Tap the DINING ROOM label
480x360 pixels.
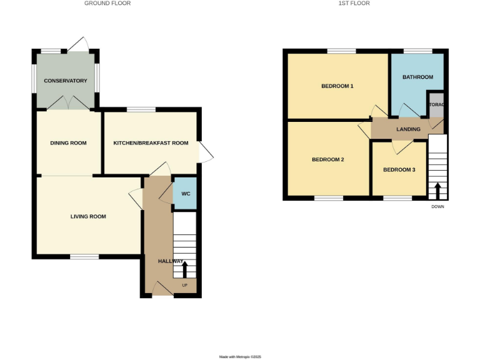pos(68,143)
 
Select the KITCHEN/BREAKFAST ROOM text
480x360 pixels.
pos(151,143)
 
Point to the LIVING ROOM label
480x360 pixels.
pos(88,217)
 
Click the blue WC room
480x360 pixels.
pos(185,193)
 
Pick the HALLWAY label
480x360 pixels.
pos(170,261)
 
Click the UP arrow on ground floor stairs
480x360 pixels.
pos(184,269)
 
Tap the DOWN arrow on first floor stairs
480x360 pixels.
pos(437,189)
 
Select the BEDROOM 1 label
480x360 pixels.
pos(337,86)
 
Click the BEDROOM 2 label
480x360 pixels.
pos(328,159)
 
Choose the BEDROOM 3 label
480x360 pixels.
pos(399,169)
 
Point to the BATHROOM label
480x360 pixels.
pos(417,77)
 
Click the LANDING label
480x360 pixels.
pos(408,129)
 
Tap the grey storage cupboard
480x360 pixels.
pos(436,104)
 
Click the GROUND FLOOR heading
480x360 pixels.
pos(107,4)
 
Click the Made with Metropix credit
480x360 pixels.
pos(239,357)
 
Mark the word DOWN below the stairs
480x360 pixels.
pos(437,207)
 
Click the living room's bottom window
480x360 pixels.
pos(84,256)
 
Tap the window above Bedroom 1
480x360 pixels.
pos(341,51)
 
